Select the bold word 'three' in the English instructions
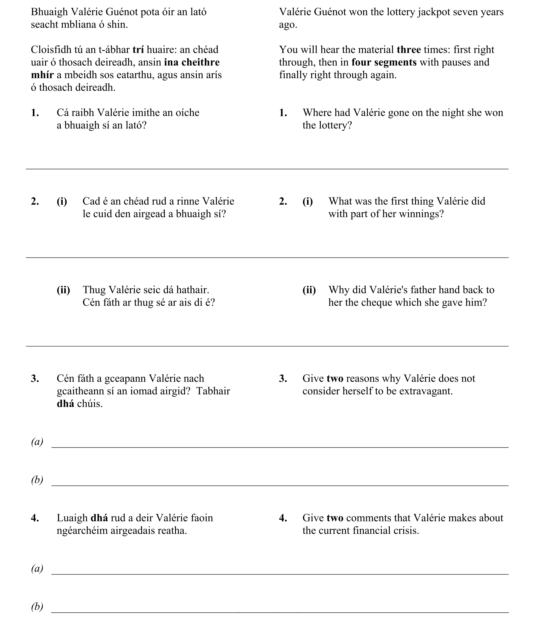click(409, 50)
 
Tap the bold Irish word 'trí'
click(138, 50)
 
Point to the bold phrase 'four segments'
click(384, 62)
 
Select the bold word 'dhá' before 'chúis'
click(65, 404)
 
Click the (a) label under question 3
click(37, 442)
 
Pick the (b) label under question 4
click(37, 607)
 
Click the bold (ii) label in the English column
click(309, 290)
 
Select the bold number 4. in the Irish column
click(35, 518)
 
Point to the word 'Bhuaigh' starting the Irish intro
click(49, 12)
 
